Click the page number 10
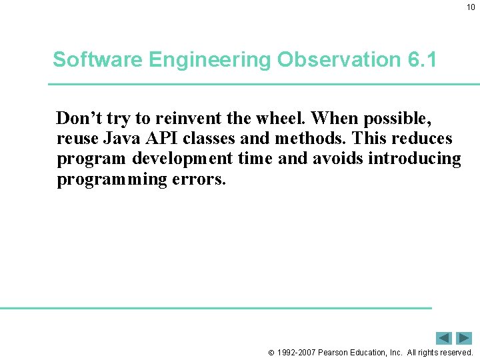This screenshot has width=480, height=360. tap(471, 7)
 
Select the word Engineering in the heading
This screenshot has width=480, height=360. tap(210, 60)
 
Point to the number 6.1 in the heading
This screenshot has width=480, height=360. tap(421, 60)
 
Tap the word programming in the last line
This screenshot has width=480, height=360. tap(107, 179)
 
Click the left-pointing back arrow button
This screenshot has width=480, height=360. tap(444, 338)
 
